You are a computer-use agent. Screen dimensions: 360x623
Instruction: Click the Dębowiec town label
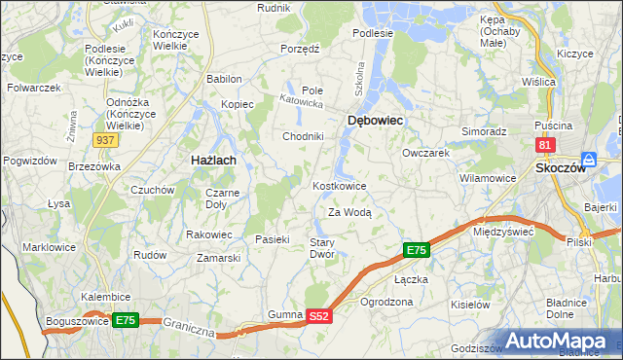click(375, 120)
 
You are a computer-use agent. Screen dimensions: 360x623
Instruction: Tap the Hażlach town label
click(207, 158)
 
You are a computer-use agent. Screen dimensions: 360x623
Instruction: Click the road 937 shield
click(107, 140)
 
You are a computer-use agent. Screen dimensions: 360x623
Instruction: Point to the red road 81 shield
click(545, 145)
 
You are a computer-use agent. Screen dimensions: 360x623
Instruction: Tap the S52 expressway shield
click(319, 316)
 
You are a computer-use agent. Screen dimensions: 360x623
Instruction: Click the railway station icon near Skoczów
click(588, 160)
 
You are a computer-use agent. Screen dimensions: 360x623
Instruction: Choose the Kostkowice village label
click(339, 185)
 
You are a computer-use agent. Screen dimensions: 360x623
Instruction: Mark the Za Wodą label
click(349, 211)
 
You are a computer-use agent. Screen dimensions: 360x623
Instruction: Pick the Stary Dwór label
click(322, 247)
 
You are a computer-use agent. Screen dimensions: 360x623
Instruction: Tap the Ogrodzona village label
click(386, 302)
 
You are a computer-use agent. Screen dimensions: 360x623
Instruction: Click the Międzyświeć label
click(503, 233)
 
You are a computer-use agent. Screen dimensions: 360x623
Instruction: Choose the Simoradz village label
click(484, 130)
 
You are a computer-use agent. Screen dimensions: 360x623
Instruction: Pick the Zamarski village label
click(218, 258)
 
